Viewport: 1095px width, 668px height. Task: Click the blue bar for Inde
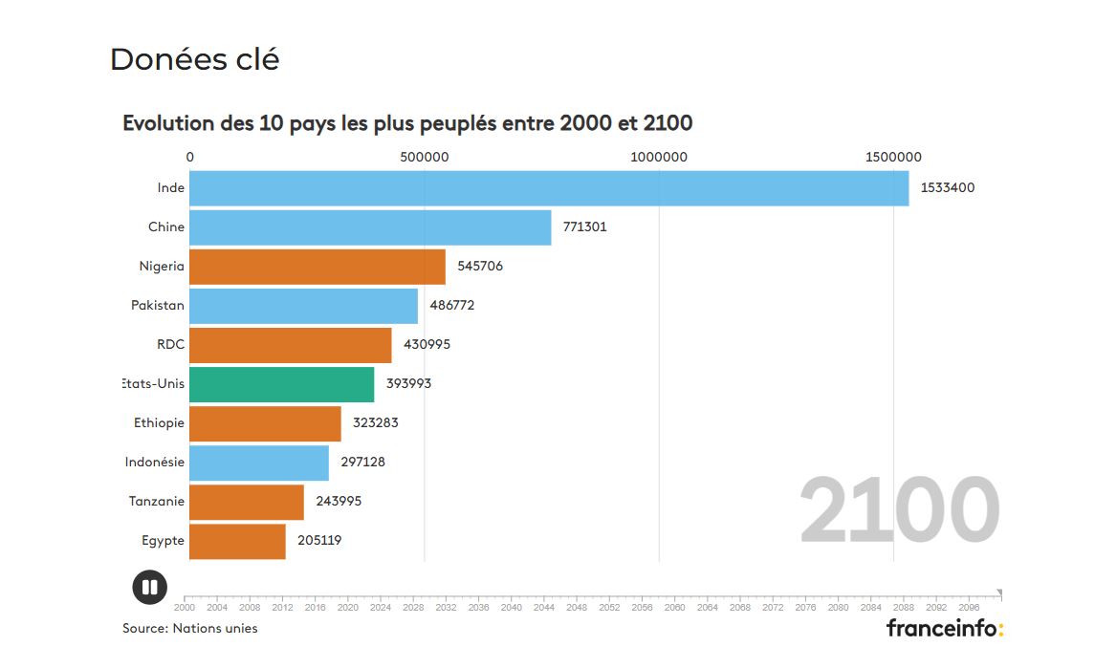(x=549, y=188)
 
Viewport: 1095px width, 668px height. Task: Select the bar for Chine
(x=370, y=227)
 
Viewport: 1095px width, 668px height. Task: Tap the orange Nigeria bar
(x=318, y=267)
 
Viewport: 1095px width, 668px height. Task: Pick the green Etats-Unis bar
(x=282, y=384)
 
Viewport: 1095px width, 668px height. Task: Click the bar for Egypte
(x=237, y=541)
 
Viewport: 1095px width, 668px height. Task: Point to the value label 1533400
(x=948, y=188)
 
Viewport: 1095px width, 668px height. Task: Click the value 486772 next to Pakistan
(x=452, y=306)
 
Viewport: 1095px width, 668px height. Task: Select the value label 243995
(x=339, y=502)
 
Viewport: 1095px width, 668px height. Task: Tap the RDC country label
(x=170, y=345)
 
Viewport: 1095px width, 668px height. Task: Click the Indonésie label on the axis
(x=155, y=463)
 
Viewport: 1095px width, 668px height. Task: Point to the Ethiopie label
(x=160, y=423)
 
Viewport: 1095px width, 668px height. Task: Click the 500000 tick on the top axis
(x=425, y=157)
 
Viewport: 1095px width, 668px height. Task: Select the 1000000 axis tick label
(x=658, y=157)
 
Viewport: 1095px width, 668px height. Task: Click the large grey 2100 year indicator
(x=899, y=512)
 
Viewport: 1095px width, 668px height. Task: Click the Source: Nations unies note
(x=190, y=628)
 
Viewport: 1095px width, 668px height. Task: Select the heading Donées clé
(x=195, y=59)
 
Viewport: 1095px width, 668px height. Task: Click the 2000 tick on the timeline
(x=185, y=607)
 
